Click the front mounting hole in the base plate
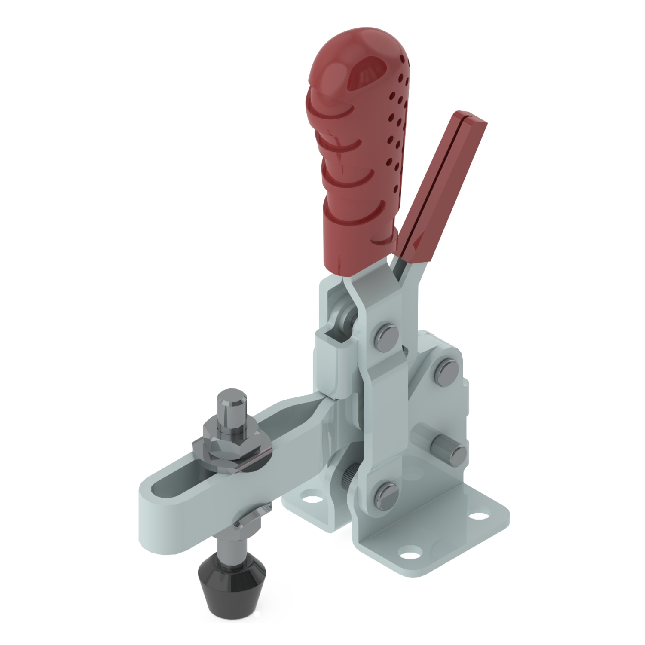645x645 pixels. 408,551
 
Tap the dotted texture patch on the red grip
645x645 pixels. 395,129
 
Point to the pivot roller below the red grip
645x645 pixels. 344,318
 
